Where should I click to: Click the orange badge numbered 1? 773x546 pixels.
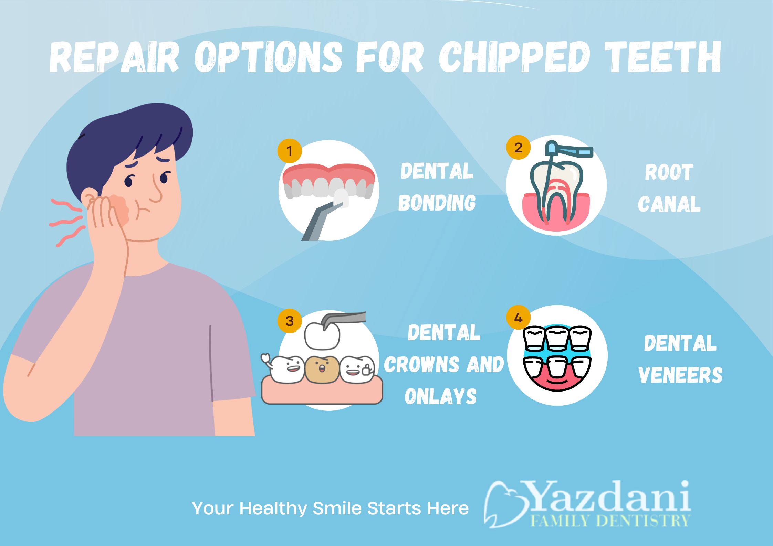[289, 151]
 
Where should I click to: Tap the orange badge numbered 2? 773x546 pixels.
[518, 147]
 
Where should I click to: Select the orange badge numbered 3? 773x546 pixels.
[289, 321]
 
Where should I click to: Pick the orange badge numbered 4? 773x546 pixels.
[518, 317]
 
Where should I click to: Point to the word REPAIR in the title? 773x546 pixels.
[114, 57]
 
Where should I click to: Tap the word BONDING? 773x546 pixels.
[437, 203]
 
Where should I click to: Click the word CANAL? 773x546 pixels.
[669, 204]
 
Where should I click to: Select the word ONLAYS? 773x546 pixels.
[441, 396]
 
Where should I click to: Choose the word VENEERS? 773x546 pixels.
[680, 375]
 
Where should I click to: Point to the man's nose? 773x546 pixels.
[156, 193]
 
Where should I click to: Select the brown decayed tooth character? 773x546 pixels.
[322, 369]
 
